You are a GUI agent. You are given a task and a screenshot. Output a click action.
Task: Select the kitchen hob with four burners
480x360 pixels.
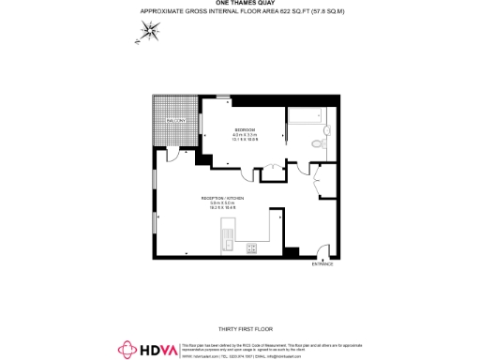251,248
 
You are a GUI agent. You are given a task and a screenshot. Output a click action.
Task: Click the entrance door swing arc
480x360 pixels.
322,250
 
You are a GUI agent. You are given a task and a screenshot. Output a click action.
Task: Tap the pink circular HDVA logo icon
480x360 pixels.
126,350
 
